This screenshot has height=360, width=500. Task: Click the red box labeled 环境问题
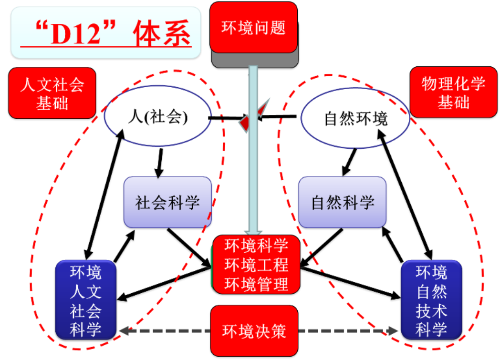click(x=253, y=27)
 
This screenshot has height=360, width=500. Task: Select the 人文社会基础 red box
click(x=52, y=93)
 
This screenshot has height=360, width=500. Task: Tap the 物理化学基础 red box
click(x=453, y=93)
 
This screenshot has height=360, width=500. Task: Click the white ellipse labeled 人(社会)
click(x=158, y=118)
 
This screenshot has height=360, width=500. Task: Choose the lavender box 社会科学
click(x=167, y=203)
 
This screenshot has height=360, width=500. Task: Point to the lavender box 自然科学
click(x=342, y=202)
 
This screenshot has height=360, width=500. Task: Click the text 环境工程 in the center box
click(x=256, y=265)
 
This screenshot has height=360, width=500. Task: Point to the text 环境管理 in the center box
click(x=256, y=285)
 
